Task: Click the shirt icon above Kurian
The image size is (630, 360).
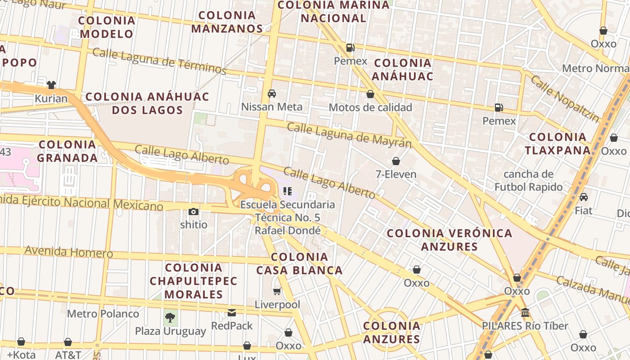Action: coord(51,85)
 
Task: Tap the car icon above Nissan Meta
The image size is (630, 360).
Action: coord(272,94)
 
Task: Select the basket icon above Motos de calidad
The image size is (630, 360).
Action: coord(370,94)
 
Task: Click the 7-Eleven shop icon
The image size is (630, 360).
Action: coord(396,161)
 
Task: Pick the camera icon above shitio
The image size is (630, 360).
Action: coord(193,211)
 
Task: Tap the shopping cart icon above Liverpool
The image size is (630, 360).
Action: coord(277,292)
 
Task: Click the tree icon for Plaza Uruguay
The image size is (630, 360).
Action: coord(170,318)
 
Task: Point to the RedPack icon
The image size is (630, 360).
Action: coord(232,312)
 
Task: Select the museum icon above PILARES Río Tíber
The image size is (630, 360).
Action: coord(525,312)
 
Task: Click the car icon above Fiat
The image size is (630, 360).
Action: coord(583,197)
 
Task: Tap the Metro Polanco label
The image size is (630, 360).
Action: coord(103,314)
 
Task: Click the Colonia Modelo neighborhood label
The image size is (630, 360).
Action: coord(107,27)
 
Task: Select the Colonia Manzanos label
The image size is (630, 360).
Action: coord(227,22)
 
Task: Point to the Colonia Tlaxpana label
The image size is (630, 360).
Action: coord(558,144)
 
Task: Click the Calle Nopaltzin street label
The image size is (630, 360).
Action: coord(565,99)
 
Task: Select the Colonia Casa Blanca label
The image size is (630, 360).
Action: coord(299,264)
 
